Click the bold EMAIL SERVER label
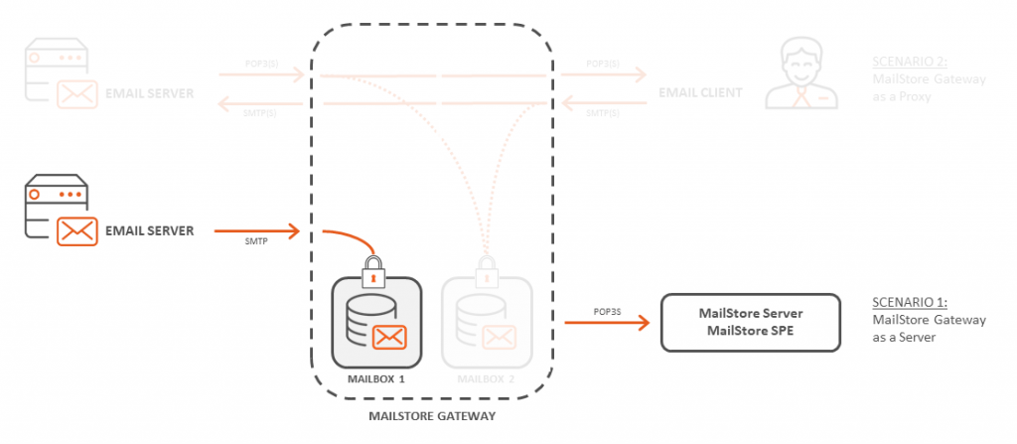point(149,231)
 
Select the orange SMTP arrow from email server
point(260,231)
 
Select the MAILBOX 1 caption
point(375,379)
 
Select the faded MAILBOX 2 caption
point(487,379)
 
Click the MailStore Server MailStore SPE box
point(750,323)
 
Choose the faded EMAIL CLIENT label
point(700,93)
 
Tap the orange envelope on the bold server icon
point(77,231)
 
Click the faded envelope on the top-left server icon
point(77,94)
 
